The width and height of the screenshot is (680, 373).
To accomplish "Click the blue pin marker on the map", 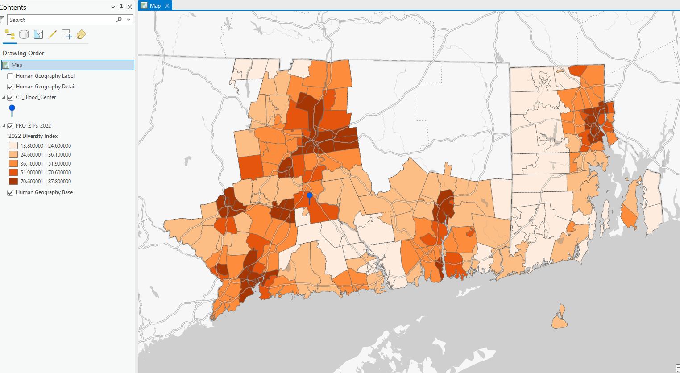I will pyautogui.click(x=310, y=196).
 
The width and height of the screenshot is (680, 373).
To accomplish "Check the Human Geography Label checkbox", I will pyautogui.click(x=10, y=76).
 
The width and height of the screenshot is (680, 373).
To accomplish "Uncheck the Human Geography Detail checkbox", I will pyautogui.click(x=10, y=87).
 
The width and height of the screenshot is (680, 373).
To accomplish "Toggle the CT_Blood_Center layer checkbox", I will pyautogui.click(x=10, y=98).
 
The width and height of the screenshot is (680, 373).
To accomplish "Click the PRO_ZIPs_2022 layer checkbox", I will pyautogui.click(x=10, y=126).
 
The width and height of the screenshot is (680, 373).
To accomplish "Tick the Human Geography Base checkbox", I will pyautogui.click(x=10, y=193).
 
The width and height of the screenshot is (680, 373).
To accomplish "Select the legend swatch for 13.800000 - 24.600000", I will pyautogui.click(x=13, y=146).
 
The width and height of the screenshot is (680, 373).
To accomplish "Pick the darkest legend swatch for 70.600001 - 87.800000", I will pyautogui.click(x=13, y=182).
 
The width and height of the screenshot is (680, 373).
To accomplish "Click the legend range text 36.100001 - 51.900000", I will pyautogui.click(x=46, y=164).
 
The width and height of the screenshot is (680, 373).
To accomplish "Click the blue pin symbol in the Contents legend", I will pyautogui.click(x=12, y=110).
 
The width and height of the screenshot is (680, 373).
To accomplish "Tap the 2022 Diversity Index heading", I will pyautogui.click(x=33, y=136).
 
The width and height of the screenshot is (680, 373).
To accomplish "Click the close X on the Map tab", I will pyautogui.click(x=167, y=5).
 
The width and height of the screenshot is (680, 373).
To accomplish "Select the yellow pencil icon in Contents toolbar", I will pyautogui.click(x=53, y=34).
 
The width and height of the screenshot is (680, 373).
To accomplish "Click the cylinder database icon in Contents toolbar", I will pyautogui.click(x=24, y=34).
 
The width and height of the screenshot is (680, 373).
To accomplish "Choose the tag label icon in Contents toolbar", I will pyautogui.click(x=81, y=34).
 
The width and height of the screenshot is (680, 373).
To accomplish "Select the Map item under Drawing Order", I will pyautogui.click(x=17, y=65).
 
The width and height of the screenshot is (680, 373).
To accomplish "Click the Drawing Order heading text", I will pyautogui.click(x=24, y=53).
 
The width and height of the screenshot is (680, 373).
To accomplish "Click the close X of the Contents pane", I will pyautogui.click(x=129, y=7).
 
